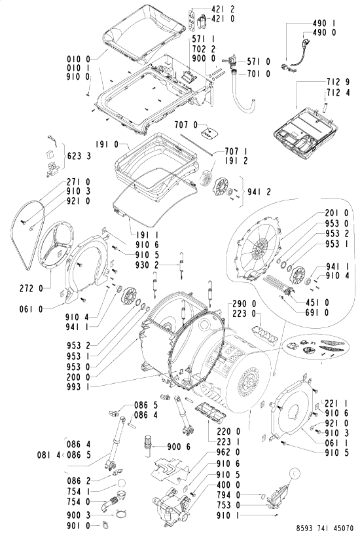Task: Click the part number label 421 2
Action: tap(223, 9)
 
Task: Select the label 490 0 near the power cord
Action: tap(324, 33)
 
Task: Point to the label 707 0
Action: tap(186, 124)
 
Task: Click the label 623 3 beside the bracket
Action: tap(79, 157)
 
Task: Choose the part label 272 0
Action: tap(31, 288)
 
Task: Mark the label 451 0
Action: tap(317, 303)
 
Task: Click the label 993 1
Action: tap(79, 387)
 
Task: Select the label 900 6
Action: tap(179, 447)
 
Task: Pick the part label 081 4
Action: tap(48, 455)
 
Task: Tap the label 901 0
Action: tap(79, 526)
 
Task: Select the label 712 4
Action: tap(338, 93)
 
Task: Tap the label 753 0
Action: tap(228, 506)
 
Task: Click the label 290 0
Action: tap(244, 304)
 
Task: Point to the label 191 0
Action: tap(107, 144)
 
